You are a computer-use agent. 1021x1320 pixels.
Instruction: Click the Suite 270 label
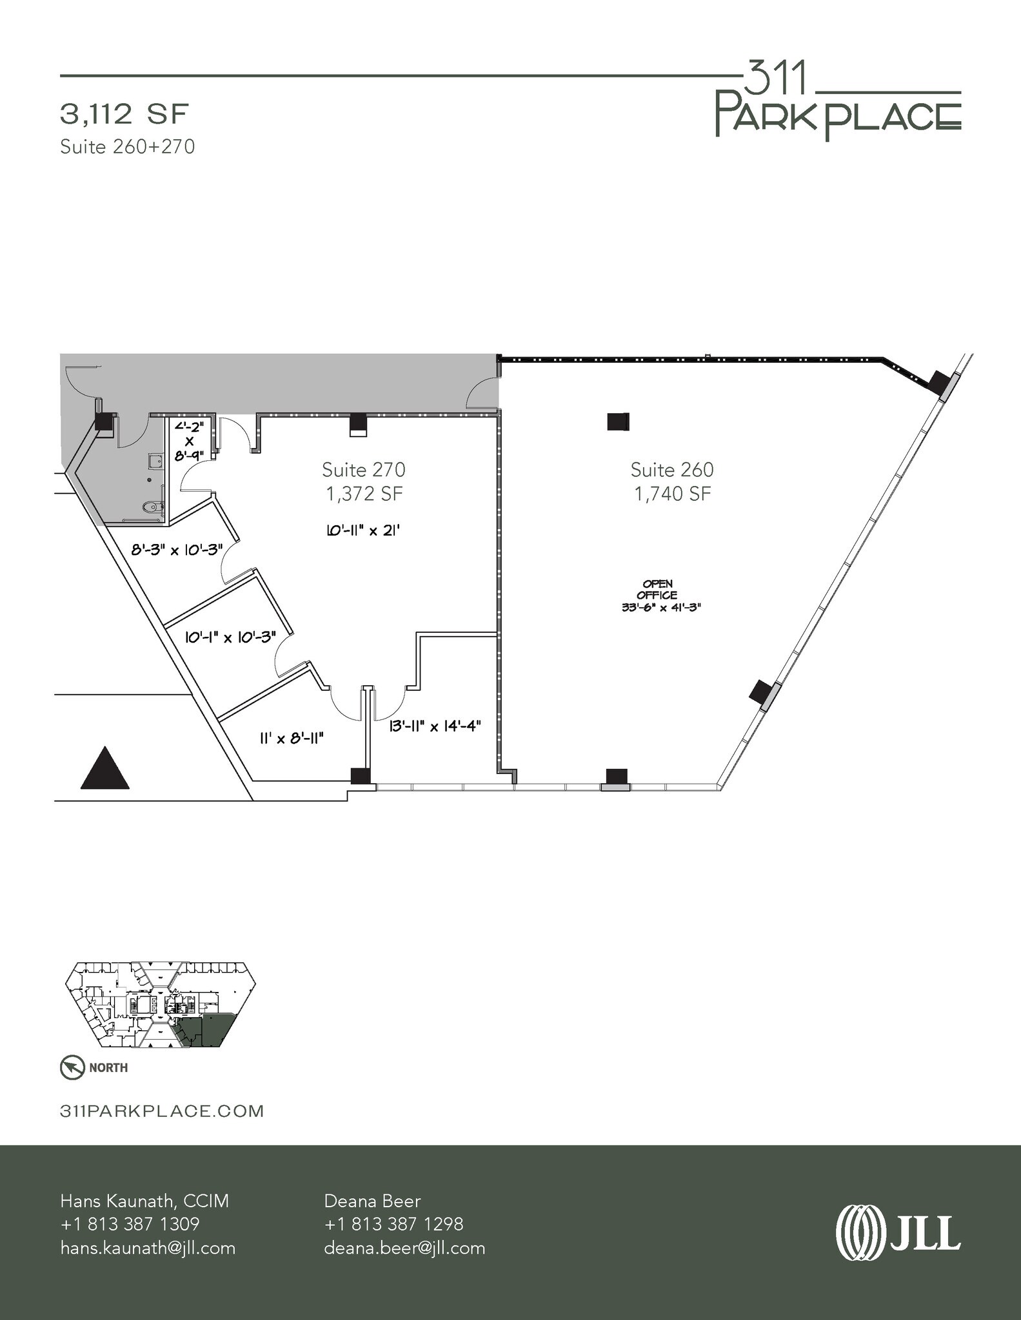tap(363, 469)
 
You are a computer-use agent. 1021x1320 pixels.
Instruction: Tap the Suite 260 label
tap(672, 469)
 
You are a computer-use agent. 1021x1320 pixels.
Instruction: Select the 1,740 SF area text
tap(672, 494)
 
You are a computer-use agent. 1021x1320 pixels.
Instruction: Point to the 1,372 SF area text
tap(364, 494)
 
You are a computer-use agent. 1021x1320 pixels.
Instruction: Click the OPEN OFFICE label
tap(657, 590)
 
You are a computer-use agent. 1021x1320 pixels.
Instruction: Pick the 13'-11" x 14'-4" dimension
tap(435, 726)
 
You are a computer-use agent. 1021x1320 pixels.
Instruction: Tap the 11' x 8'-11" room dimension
tap(291, 738)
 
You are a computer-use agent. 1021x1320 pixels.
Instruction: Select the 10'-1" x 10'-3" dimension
tap(230, 637)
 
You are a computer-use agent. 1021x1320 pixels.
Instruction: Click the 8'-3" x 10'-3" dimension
tap(177, 550)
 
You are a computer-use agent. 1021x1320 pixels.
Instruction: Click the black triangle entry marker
tap(104, 769)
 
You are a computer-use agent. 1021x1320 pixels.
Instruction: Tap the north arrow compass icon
tap(72, 1067)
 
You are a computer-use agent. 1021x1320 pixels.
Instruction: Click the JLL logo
tap(898, 1232)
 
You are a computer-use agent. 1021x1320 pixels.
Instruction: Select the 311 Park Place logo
tap(838, 103)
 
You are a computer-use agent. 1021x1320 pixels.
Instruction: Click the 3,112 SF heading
tap(124, 115)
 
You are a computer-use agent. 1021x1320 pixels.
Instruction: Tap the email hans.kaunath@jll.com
tap(148, 1248)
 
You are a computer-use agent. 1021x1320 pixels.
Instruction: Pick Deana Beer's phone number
tap(393, 1224)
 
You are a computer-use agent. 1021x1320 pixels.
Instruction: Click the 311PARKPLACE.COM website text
tap(162, 1111)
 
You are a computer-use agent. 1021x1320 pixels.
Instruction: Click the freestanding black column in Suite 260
tap(618, 422)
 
